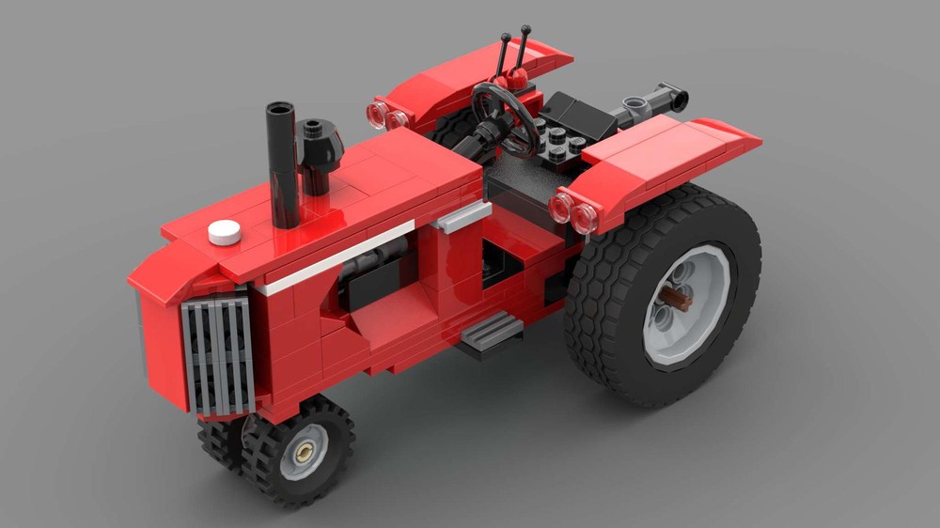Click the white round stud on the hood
pos(224,232)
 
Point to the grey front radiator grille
pos(219,355)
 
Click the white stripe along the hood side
pos(338,256)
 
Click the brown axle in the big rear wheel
pos(674,300)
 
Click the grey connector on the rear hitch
pos(640,106)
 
